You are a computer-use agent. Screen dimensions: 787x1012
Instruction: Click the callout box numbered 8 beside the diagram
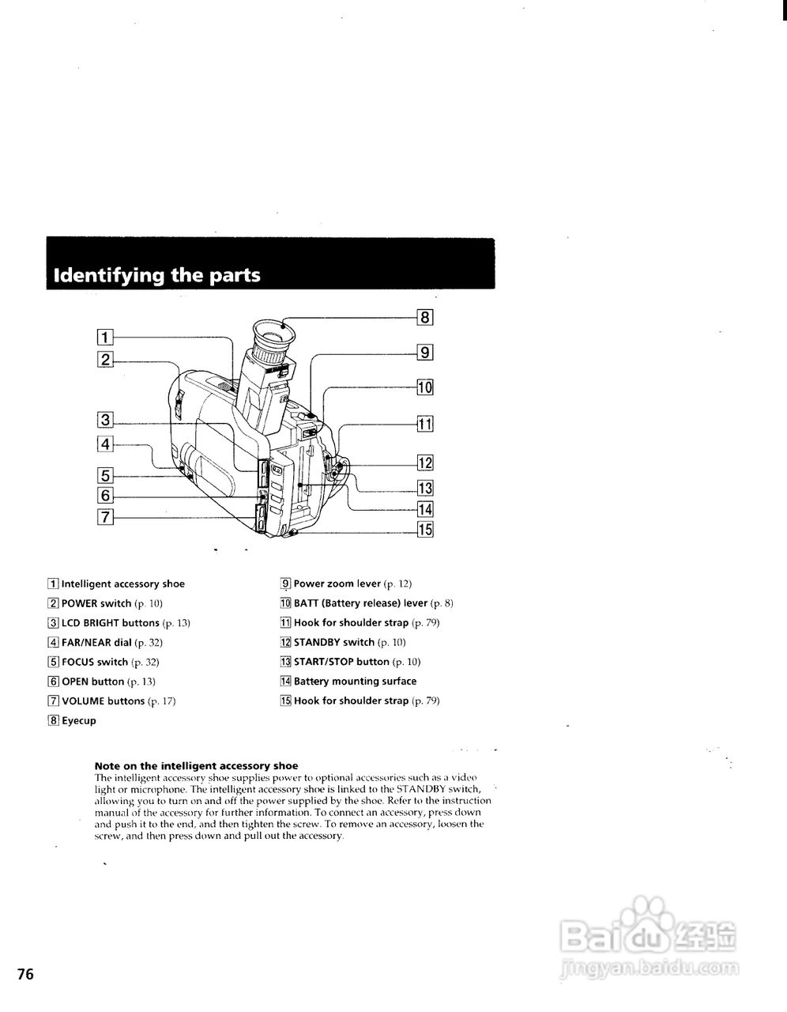[x=425, y=318]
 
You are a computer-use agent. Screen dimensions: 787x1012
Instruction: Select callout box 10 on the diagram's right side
[x=425, y=387]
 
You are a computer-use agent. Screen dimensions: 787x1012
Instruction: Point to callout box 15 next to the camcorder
[x=425, y=530]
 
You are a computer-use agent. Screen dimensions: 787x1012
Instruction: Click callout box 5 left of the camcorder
[x=104, y=476]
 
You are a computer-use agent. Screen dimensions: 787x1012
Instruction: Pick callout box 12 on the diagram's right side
[x=425, y=463]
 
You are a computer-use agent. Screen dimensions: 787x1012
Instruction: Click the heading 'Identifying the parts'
[x=156, y=275]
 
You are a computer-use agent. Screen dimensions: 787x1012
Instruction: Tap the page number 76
[x=26, y=974]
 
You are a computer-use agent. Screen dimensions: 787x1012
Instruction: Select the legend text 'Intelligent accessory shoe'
[x=122, y=584]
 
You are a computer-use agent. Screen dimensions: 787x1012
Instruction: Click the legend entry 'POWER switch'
[x=96, y=603]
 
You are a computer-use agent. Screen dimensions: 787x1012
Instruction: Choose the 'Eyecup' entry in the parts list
[x=78, y=721]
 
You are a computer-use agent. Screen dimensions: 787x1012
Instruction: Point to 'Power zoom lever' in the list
[x=337, y=584]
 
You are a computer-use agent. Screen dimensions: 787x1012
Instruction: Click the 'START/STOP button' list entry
[x=341, y=662]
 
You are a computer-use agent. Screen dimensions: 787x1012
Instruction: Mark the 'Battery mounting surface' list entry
[x=355, y=682]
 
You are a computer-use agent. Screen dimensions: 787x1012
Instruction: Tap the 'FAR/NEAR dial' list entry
[x=96, y=643]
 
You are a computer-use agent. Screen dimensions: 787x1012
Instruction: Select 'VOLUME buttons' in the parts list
[x=103, y=701]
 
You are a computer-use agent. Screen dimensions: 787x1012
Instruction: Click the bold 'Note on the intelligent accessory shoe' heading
[x=196, y=765]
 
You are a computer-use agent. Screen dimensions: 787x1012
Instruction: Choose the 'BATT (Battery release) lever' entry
[x=360, y=603]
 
